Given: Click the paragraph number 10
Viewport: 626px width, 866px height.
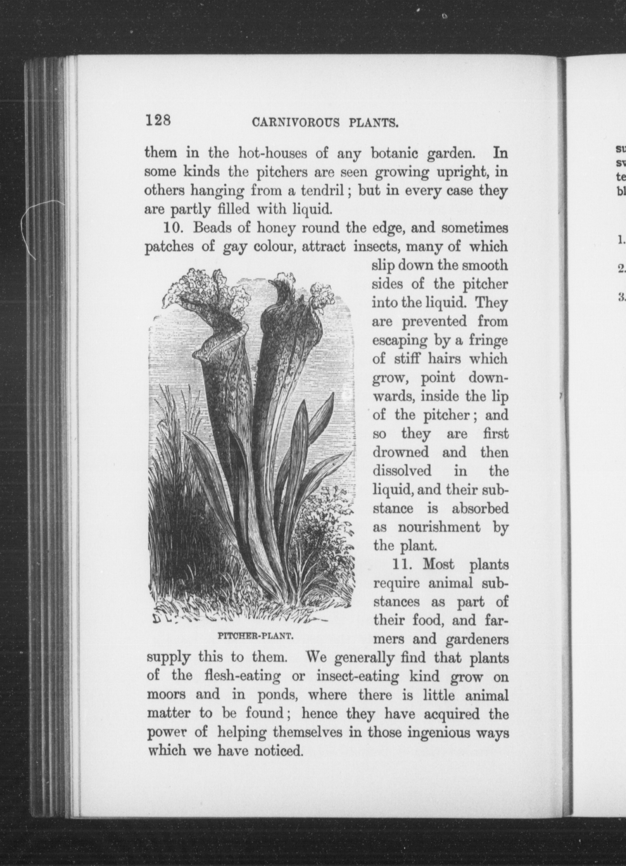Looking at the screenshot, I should pos(174,228).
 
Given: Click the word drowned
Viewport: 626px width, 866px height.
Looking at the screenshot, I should pos(401,453).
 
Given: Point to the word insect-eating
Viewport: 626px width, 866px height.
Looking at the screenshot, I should pos(358,677).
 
